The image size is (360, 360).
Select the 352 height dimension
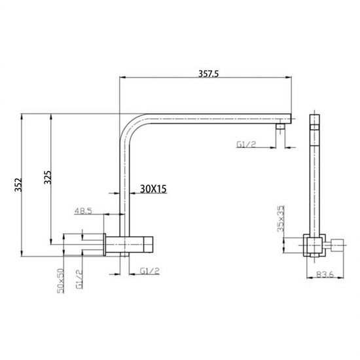coord(20,186)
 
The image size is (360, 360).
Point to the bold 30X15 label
coord(154,189)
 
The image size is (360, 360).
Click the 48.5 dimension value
coord(83,211)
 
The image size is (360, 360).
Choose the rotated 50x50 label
coord(60,279)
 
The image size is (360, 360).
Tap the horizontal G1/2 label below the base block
coord(150,270)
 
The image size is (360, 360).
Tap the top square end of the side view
coord(315,121)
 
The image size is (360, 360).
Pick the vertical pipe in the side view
coord(315,183)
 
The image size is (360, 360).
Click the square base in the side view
coord(314,246)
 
